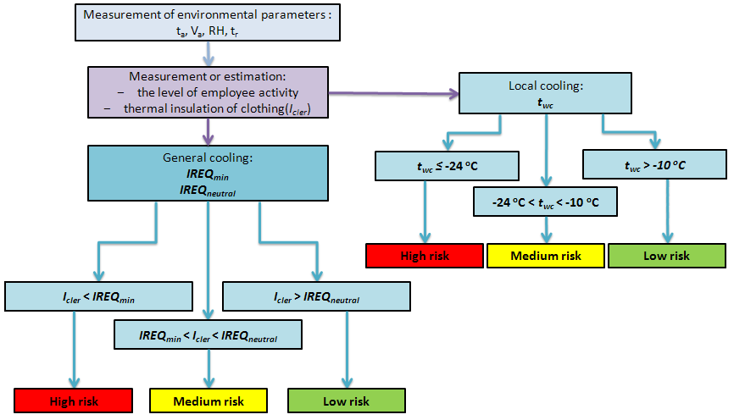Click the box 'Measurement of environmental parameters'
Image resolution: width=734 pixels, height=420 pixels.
208,22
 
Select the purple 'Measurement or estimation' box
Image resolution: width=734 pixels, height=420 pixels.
208,92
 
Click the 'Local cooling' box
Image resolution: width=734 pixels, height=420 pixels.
546,92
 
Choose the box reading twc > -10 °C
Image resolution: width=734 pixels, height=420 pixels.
653,166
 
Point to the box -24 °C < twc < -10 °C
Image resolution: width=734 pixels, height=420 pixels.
545,203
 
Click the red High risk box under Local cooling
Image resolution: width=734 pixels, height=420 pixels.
425,256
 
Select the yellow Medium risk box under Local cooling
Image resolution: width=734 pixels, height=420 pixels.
545,256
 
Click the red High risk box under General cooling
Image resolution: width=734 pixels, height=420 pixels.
75,401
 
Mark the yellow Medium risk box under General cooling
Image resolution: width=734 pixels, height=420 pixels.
208,401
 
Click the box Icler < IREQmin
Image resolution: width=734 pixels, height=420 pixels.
99,297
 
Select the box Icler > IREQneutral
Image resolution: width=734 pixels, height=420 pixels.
315,297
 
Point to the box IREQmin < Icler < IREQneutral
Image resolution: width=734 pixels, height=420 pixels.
208,335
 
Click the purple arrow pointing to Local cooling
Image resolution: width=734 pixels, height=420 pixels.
390,92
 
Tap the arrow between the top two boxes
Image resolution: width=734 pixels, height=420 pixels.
208,52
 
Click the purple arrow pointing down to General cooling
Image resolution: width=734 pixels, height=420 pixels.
208,131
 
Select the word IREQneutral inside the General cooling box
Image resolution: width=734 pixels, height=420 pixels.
208,192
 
